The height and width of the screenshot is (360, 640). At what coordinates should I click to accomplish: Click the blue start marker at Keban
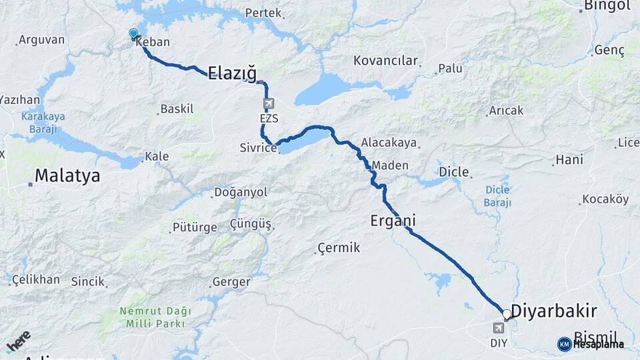[x=133, y=33]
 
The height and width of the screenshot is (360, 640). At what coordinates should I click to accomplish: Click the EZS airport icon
[x=269, y=104]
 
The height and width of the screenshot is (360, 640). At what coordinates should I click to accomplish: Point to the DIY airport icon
[x=499, y=328]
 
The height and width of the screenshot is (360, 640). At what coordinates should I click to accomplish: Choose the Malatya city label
[x=67, y=176]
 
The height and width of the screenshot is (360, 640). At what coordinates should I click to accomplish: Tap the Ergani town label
[x=393, y=220]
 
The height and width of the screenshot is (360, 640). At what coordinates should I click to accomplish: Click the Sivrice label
[x=258, y=148]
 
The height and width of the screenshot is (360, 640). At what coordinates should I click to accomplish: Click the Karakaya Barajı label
[x=43, y=121]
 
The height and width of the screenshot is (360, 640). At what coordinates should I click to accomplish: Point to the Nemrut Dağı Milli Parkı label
[x=155, y=317]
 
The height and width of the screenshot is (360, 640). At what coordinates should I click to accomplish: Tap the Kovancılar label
[x=385, y=61]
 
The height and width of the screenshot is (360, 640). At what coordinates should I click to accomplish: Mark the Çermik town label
[x=339, y=248]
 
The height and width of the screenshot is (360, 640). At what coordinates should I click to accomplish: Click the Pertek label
[x=263, y=13]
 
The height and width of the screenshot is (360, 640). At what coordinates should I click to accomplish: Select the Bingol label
[x=607, y=6]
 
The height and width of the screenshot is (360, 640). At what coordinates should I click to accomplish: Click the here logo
[x=18, y=341]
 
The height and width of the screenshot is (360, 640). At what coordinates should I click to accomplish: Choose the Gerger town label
[x=231, y=282]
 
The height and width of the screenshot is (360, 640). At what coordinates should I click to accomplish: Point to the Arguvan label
[x=41, y=40]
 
